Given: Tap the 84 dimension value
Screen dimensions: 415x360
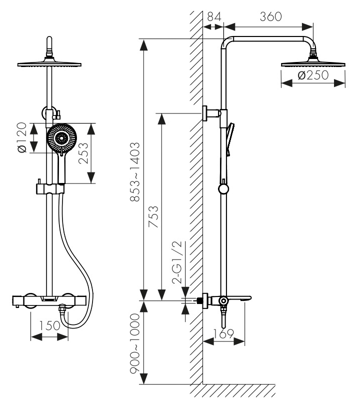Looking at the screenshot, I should point(214,16).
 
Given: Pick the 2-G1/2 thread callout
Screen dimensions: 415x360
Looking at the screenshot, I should point(177,262).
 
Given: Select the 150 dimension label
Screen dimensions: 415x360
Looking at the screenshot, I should point(49,325).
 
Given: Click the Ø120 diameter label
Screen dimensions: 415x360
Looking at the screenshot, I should point(21,138).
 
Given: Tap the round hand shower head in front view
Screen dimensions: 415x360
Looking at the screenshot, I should point(61,138).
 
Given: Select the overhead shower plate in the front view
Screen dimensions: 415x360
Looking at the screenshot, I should point(49,64).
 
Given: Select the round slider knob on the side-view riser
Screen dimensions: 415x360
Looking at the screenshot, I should point(223,189).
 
